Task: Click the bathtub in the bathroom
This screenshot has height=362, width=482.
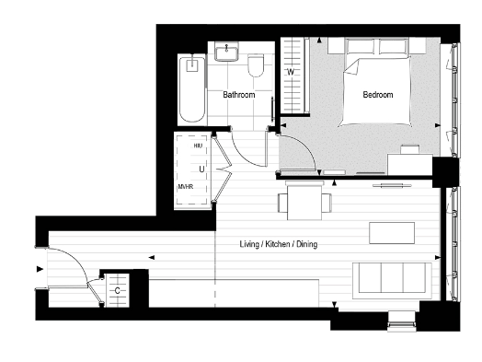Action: pos(192,88)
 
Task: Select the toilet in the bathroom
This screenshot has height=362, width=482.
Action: pos(257,63)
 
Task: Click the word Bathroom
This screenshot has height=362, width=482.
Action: pos(239,94)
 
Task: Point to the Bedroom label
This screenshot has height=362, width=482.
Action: pos(377,94)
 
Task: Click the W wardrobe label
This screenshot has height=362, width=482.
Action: pos(291,72)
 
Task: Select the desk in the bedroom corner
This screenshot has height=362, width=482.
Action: pos(407,163)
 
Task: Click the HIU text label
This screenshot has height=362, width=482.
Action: pos(198,146)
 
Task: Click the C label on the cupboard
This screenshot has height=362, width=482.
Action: pos(118,291)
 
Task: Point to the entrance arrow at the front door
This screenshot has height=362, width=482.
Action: pos(38,269)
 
